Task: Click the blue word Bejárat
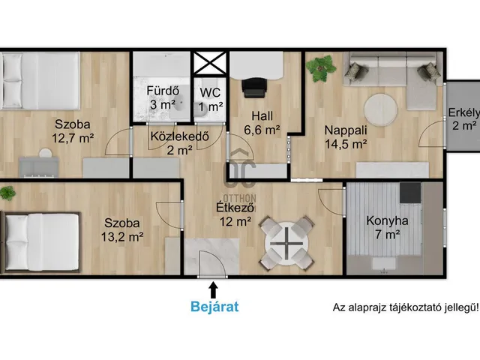214,306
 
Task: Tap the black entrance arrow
213,290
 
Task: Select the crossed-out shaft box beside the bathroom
210,63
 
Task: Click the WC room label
210,92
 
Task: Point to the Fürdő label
163,91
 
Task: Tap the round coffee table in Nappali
380,110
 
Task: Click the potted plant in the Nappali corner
320,68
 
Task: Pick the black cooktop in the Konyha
410,193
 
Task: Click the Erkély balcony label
463,112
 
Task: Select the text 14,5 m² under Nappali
346,144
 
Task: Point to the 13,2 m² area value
122,236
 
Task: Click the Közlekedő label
180,136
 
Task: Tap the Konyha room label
387,220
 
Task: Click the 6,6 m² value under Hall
262,130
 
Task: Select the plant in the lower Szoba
7,193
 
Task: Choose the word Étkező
235,207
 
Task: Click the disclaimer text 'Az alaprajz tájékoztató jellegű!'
406,307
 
